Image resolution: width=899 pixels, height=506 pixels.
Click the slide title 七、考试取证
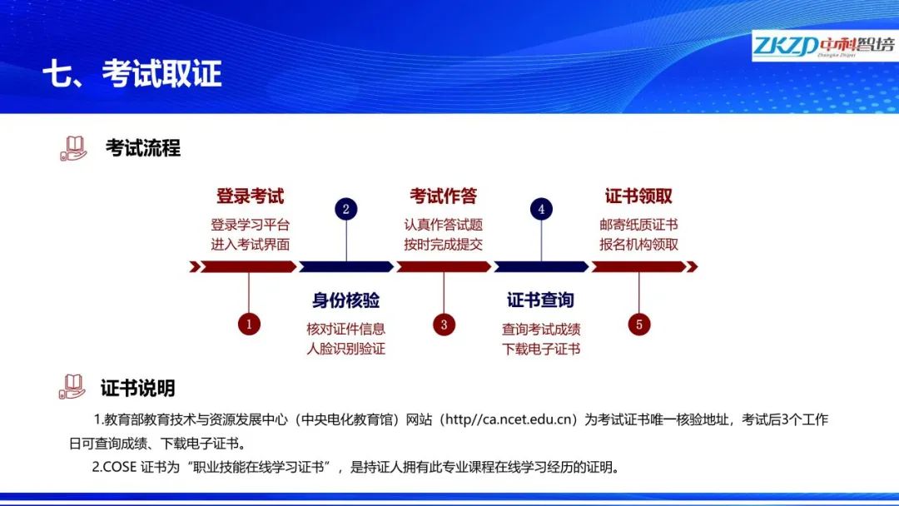coord(132,74)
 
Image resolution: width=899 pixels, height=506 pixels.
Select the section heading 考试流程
coord(143,148)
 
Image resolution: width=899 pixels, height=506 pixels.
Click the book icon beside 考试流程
coord(73,148)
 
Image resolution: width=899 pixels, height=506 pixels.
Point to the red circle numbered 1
coord(249,325)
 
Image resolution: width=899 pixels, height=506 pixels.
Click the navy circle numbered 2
coord(345,209)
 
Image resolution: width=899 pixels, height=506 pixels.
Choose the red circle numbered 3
coord(444,325)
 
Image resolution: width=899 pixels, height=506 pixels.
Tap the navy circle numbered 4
coord(541,209)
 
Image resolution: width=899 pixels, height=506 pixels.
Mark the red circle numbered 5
coord(638,325)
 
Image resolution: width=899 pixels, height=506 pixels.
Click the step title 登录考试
coord(250,196)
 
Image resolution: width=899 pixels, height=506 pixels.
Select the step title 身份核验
coord(345,300)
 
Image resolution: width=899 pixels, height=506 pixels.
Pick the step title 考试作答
coord(443,196)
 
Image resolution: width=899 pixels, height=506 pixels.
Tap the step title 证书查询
coord(541,300)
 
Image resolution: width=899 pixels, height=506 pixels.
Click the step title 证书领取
coord(638,196)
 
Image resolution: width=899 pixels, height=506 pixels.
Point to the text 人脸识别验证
coord(345,349)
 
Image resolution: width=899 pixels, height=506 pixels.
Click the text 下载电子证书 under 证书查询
coord(541,349)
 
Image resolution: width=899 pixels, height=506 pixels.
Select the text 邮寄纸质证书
coord(638,225)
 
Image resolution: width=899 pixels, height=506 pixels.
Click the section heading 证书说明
coord(137,388)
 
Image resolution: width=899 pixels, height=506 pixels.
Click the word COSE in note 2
coord(120,467)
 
